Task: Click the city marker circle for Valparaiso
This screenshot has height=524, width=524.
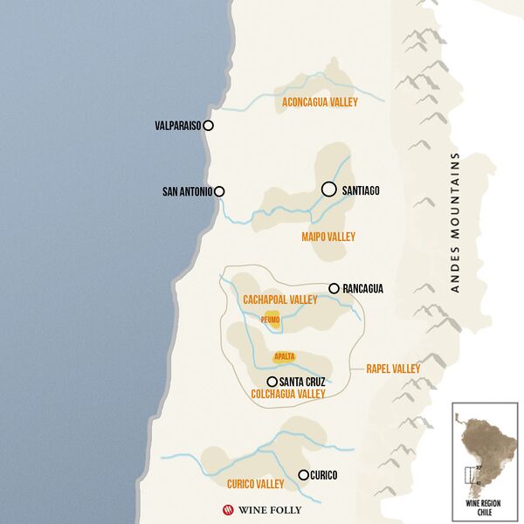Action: [208, 126]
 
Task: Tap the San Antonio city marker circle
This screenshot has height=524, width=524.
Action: [219, 191]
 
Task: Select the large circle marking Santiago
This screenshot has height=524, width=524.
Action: [328, 189]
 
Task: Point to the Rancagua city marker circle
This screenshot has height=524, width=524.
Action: [333, 288]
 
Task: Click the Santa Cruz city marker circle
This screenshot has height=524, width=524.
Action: [272, 382]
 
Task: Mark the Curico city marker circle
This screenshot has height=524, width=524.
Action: [303, 475]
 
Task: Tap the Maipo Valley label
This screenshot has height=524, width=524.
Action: [328, 237]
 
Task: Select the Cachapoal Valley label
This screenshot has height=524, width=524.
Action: [280, 300]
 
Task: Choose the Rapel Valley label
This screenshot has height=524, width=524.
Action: [392, 369]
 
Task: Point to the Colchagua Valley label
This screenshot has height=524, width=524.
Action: [288, 395]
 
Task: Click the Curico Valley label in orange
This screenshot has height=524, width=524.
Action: [255, 484]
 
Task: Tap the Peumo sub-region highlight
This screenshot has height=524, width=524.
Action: [272, 320]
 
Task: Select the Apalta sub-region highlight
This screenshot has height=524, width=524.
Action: [284, 356]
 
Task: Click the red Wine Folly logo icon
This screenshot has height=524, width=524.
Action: [230, 509]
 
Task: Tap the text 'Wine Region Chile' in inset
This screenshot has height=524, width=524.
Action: [486, 507]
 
